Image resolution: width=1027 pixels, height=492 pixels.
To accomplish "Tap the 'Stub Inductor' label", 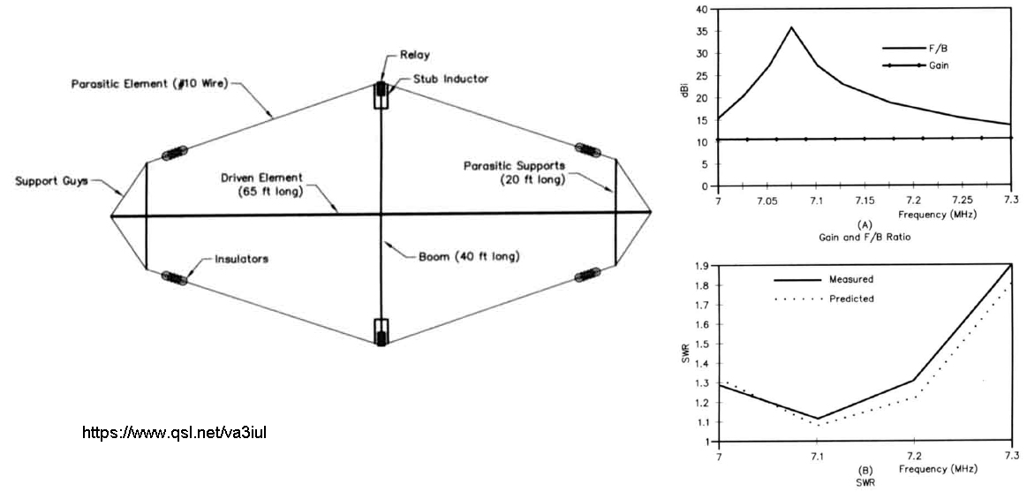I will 450,79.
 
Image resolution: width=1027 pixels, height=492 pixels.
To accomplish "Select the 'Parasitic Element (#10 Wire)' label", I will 150,85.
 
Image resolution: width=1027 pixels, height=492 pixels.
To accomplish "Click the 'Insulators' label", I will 241,260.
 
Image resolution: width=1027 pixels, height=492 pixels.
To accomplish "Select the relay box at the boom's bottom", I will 381,331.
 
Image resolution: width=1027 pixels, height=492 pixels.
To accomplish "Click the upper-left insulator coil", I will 173,153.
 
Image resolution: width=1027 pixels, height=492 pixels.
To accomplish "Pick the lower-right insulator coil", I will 587,274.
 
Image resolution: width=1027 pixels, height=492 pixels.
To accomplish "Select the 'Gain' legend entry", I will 938,65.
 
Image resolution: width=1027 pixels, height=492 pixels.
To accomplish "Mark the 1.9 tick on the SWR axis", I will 702,264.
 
